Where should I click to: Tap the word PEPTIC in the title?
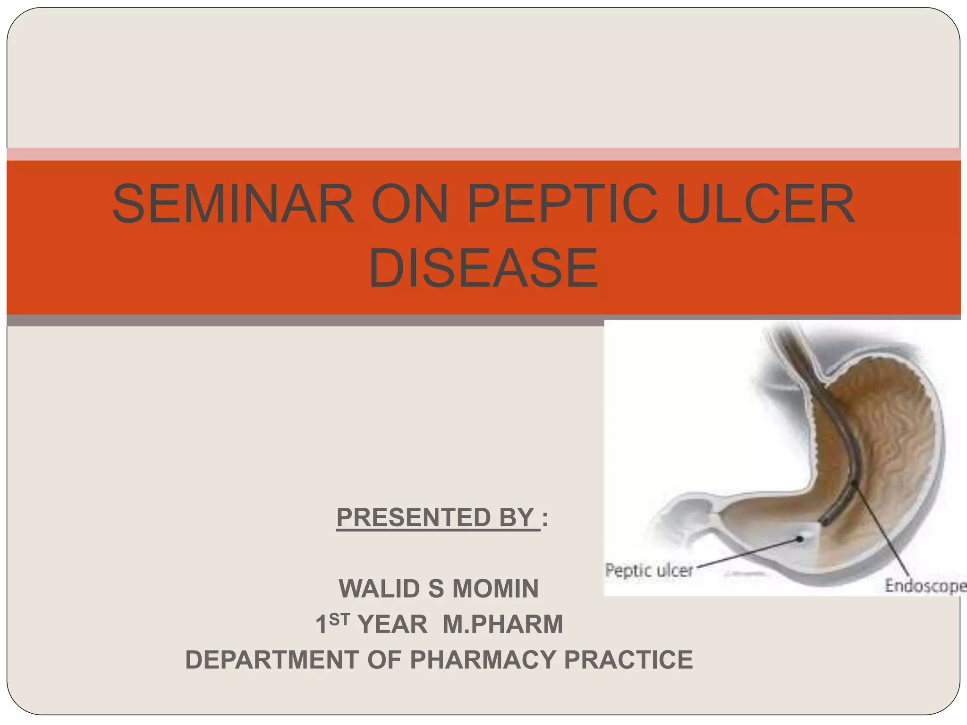tap(562, 204)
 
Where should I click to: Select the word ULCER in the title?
tap(765, 204)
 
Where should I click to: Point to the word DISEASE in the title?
tap(483, 268)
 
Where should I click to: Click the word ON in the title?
tap(409, 204)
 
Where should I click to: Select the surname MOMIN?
tap(495, 589)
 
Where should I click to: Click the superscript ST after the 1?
tap(339, 619)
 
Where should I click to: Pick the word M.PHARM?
tap(503, 624)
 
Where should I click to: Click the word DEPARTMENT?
tap(271, 659)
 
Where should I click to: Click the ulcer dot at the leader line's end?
tap(800, 539)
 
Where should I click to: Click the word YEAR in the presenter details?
tap(392, 624)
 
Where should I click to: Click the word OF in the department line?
tap(384, 659)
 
